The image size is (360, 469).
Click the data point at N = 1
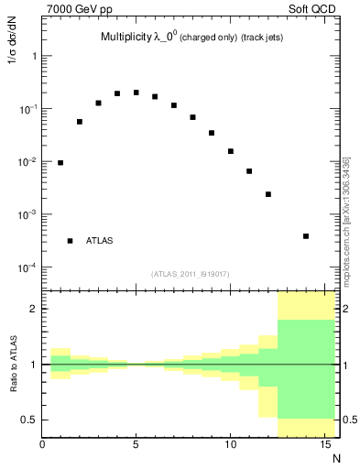[60, 163]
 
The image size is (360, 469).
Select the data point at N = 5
[136, 93]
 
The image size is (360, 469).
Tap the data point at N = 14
[306, 236]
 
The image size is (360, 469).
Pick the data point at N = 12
[268, 194]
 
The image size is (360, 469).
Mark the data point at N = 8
[192, 117]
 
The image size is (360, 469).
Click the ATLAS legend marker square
[70, 241]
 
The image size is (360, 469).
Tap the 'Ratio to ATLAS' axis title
[14, 365]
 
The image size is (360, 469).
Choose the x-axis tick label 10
[230, 446]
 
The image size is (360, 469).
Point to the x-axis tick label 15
[324, 446]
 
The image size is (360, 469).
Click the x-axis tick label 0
[42, 446]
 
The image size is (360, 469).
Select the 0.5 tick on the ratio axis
[29, 420]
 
